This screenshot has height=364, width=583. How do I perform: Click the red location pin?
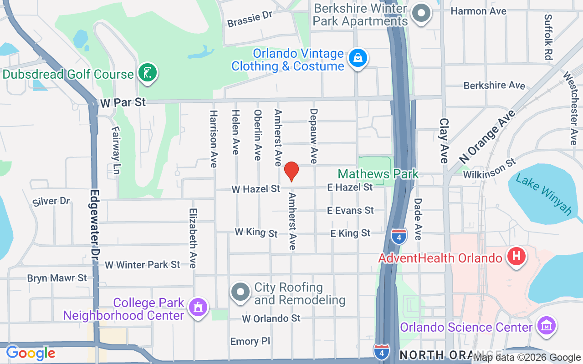pos(291,172)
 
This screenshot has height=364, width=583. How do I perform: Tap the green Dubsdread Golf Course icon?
pos(148,72)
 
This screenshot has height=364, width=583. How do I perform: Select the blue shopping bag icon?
pos(358,58)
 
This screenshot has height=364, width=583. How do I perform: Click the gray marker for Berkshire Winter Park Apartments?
pos(421,14)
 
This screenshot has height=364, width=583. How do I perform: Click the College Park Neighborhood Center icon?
pos(198,308)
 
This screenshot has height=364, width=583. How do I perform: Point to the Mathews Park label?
pos(378,174)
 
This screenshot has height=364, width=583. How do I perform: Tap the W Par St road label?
pos(123,103)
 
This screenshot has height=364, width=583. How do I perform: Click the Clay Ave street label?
pos(444,141)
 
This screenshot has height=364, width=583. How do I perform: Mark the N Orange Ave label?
pos(487,136)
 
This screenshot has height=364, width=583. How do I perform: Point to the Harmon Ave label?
pos(478,11)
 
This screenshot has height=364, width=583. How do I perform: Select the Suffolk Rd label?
pos(548,37)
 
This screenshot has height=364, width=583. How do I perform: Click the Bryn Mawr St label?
pos(57,278)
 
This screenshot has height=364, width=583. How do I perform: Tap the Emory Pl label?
pos(250,341)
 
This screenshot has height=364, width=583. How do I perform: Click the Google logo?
pos(31,353)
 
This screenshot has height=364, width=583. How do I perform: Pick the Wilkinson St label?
pos(489,168)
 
